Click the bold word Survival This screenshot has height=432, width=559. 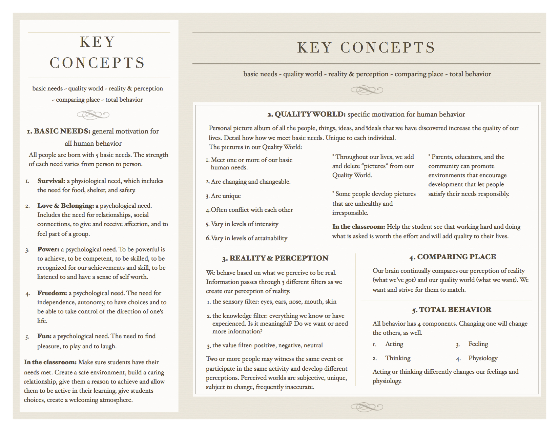point(51,181)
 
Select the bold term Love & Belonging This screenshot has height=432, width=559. point(65,206)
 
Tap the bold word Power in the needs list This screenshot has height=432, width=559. point(48,249)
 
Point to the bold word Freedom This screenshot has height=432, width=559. point(52,293)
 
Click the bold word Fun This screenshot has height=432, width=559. point(44,336)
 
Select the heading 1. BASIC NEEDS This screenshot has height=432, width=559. point(59,131)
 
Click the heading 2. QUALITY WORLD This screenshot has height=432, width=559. point(306,114)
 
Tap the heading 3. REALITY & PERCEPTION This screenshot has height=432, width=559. point(275,258)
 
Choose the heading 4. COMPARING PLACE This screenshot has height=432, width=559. point(452,257)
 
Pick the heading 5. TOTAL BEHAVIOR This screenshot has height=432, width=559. point(452,310)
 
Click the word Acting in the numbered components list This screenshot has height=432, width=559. point(394,344)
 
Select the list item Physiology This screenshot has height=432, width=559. point(483,358)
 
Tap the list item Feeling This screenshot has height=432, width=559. point(478,344)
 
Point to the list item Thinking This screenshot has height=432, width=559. point(398,358)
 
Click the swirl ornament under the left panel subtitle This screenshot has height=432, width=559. point(93,115)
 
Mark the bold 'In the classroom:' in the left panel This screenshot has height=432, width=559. point(50,362)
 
